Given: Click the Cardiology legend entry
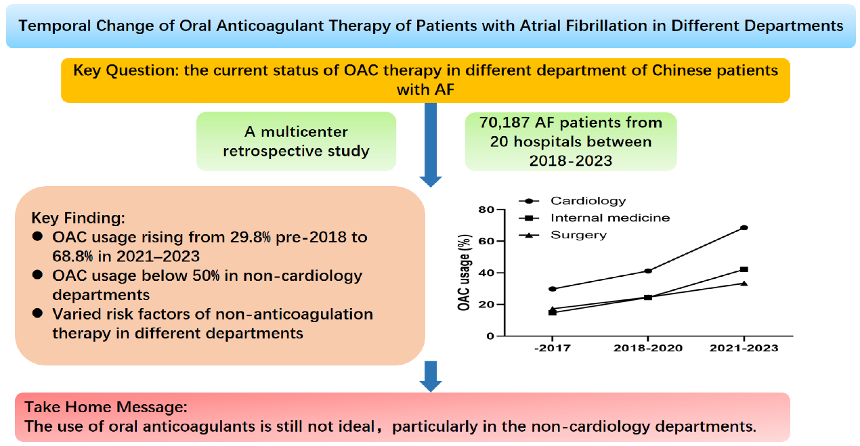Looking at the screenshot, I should pyautogui.click(x=588, y=201).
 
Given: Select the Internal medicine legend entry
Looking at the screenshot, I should pyautogui.click(x=609, y=218).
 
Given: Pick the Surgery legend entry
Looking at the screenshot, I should pyautogui.click(x=578, y=235).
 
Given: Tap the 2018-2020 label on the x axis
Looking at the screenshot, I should pyautogui.click(x=648, y=348).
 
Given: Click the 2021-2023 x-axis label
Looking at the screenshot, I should pyautogui.click(x=744, y=348).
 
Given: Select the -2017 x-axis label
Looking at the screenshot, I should pyautogui.click(x=553, y=348).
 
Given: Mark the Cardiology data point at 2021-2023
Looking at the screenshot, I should pyautogui.click(x=744, y=227).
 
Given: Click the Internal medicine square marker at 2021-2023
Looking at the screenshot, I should pyautogui.click(x=744, y=269).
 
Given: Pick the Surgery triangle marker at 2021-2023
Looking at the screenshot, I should pyautogui.click(x=744, y=283).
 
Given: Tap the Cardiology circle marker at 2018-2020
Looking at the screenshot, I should pyautogui.click(x=648, y=271).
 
